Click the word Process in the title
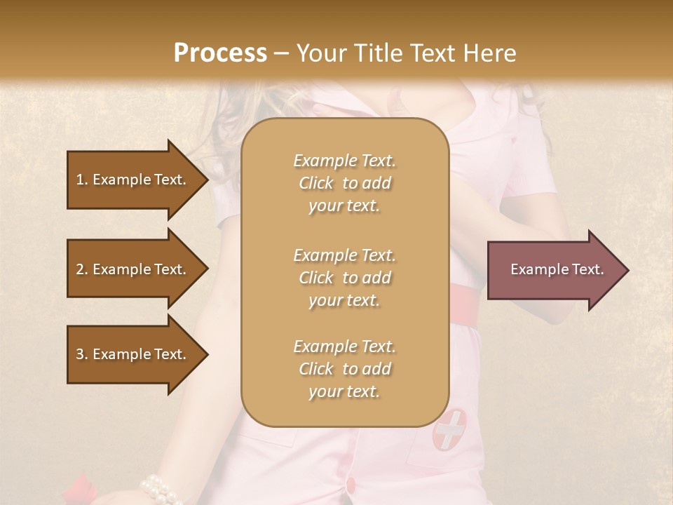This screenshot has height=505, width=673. click(220, 53)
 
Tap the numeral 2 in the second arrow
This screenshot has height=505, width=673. click(80, 269)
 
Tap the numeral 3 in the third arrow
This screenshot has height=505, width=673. click(80, 354)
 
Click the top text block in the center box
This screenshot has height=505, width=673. click(344, 183)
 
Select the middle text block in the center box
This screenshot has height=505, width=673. click(344, 278)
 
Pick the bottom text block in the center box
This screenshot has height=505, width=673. click(344, 369)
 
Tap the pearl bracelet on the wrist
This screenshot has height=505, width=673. click(161, 488)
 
